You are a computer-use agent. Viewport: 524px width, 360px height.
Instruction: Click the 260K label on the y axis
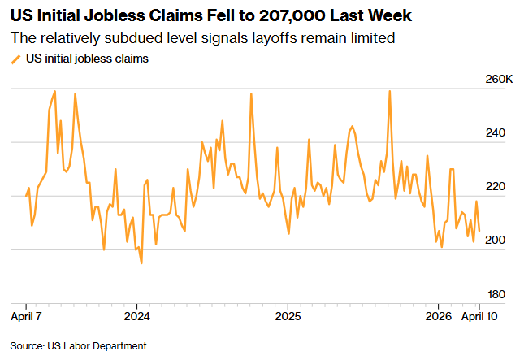[x=497, y=80]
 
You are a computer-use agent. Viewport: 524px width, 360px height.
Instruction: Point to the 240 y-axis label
[x=495, y=133]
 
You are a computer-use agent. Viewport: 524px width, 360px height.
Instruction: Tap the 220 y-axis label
[x=495, y=187]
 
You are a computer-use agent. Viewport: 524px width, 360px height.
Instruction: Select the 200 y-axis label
[x=495, y=241]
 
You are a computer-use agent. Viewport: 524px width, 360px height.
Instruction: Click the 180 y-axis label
[x=495, y=294]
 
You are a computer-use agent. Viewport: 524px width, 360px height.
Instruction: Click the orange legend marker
[x=15, y=59]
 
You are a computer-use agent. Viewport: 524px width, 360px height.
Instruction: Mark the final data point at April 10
[x=479, y=231]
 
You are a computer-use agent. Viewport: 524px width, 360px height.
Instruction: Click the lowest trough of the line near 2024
[x=141, y=263]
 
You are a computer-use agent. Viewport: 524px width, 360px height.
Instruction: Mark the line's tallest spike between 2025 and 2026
[x=390, y=91]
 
